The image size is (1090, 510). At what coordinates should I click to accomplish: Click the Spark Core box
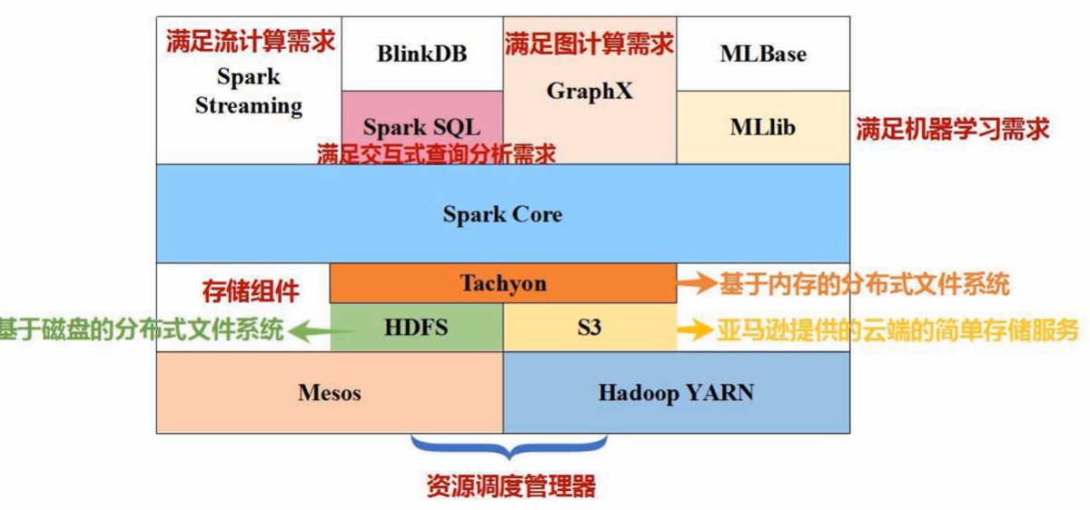point(502,214)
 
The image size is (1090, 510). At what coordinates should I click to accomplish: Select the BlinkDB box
point(421,54)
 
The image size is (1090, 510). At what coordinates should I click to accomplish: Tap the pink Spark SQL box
point(421,125)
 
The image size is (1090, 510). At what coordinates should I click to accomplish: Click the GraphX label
point(590,92)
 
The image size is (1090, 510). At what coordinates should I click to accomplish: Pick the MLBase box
point(763,54)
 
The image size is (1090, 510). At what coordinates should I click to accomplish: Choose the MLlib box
point(763,127)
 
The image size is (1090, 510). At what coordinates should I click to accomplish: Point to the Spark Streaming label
point(248,92)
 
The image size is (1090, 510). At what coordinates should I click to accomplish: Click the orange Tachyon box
point(502,283)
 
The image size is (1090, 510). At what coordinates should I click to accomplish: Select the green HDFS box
point(416,328)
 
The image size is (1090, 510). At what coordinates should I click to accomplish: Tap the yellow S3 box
point(590,328)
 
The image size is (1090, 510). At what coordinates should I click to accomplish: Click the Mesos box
point(330,393)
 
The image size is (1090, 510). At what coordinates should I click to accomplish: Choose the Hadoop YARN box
point(676,393)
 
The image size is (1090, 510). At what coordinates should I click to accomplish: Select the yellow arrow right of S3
point(698,329)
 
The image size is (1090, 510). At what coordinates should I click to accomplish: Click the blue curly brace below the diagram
point(509,447)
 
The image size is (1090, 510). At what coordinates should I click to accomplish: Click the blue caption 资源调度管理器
point(510,486)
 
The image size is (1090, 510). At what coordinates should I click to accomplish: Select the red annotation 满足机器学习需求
point(952,129)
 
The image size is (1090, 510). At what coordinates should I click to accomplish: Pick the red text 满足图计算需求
point(590,43)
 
